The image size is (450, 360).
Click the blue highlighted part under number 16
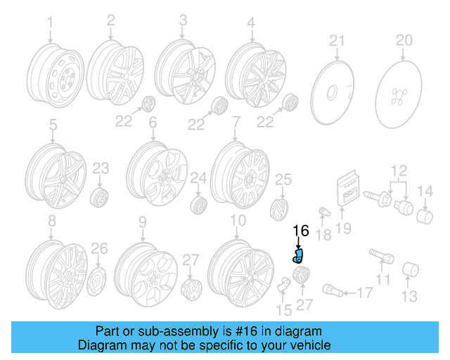[x=298, y=255]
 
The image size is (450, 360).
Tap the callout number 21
[x=337, y=39]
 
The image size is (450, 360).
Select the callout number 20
[x=404, y=39]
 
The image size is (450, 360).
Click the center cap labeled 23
[x=101, y=195]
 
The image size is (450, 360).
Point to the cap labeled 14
[x=424, y=214]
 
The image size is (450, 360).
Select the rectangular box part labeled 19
[x=349, y=188]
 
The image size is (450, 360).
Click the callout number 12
[x=399, y=169]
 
